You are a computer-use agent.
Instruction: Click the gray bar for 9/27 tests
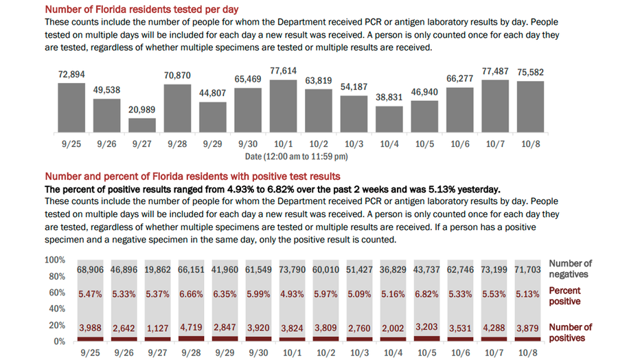[x=142, y=125]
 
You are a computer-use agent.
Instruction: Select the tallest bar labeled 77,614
[x=284, y=106]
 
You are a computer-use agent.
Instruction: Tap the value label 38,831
[x=389, y=98]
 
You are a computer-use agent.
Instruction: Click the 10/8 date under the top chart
[x=531, y=144]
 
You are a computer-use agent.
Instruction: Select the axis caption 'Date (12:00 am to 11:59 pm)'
[x=297, y=157]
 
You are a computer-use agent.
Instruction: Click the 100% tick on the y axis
[x=55, y=260]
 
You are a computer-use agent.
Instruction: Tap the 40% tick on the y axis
[x=57, y=308]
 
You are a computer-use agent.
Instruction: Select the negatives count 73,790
[x=284, y=270]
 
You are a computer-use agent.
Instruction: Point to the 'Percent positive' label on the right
[x=564, y=296]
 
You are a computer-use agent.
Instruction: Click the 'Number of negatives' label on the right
[x=570, y=269]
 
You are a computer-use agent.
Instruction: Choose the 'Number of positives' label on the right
[x=570, y=333]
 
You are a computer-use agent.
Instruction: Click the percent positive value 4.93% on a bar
[x=284, y=294]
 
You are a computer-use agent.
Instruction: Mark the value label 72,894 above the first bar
[x=71, y=74]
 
